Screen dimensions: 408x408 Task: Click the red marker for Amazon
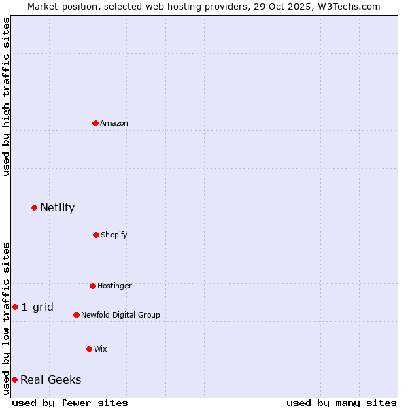[x=95, y=123]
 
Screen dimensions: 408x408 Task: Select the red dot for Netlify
[x=34, y=207]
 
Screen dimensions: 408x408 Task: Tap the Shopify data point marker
[x=96, y=235]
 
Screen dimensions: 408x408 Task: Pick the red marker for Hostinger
[x=92, y=286]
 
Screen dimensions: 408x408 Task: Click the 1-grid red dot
[x=15, y=307]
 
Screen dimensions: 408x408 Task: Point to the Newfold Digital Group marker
[x=76, y=315]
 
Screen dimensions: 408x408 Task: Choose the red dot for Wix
[x=89, y=349]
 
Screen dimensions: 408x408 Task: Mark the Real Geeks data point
[x=14, y=379]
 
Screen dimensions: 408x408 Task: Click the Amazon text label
[x=114, y=123]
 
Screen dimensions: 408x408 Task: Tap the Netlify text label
[x=57, y=207]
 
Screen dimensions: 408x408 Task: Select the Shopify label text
[x=114, y=235]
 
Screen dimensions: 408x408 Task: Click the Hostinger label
[x=114, y=286]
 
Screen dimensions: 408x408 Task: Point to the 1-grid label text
[x=37, y=307]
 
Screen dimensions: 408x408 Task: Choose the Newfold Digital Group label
[x=120, y=315]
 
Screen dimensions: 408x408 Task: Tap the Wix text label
[x=101, y=349]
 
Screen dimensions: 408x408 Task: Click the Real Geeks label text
[x=50, y=379]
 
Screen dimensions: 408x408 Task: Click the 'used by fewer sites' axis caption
[x=70, y=403]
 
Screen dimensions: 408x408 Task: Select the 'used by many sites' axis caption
[x=341, y=403]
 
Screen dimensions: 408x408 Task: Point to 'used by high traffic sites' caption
[x=6, y=97]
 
